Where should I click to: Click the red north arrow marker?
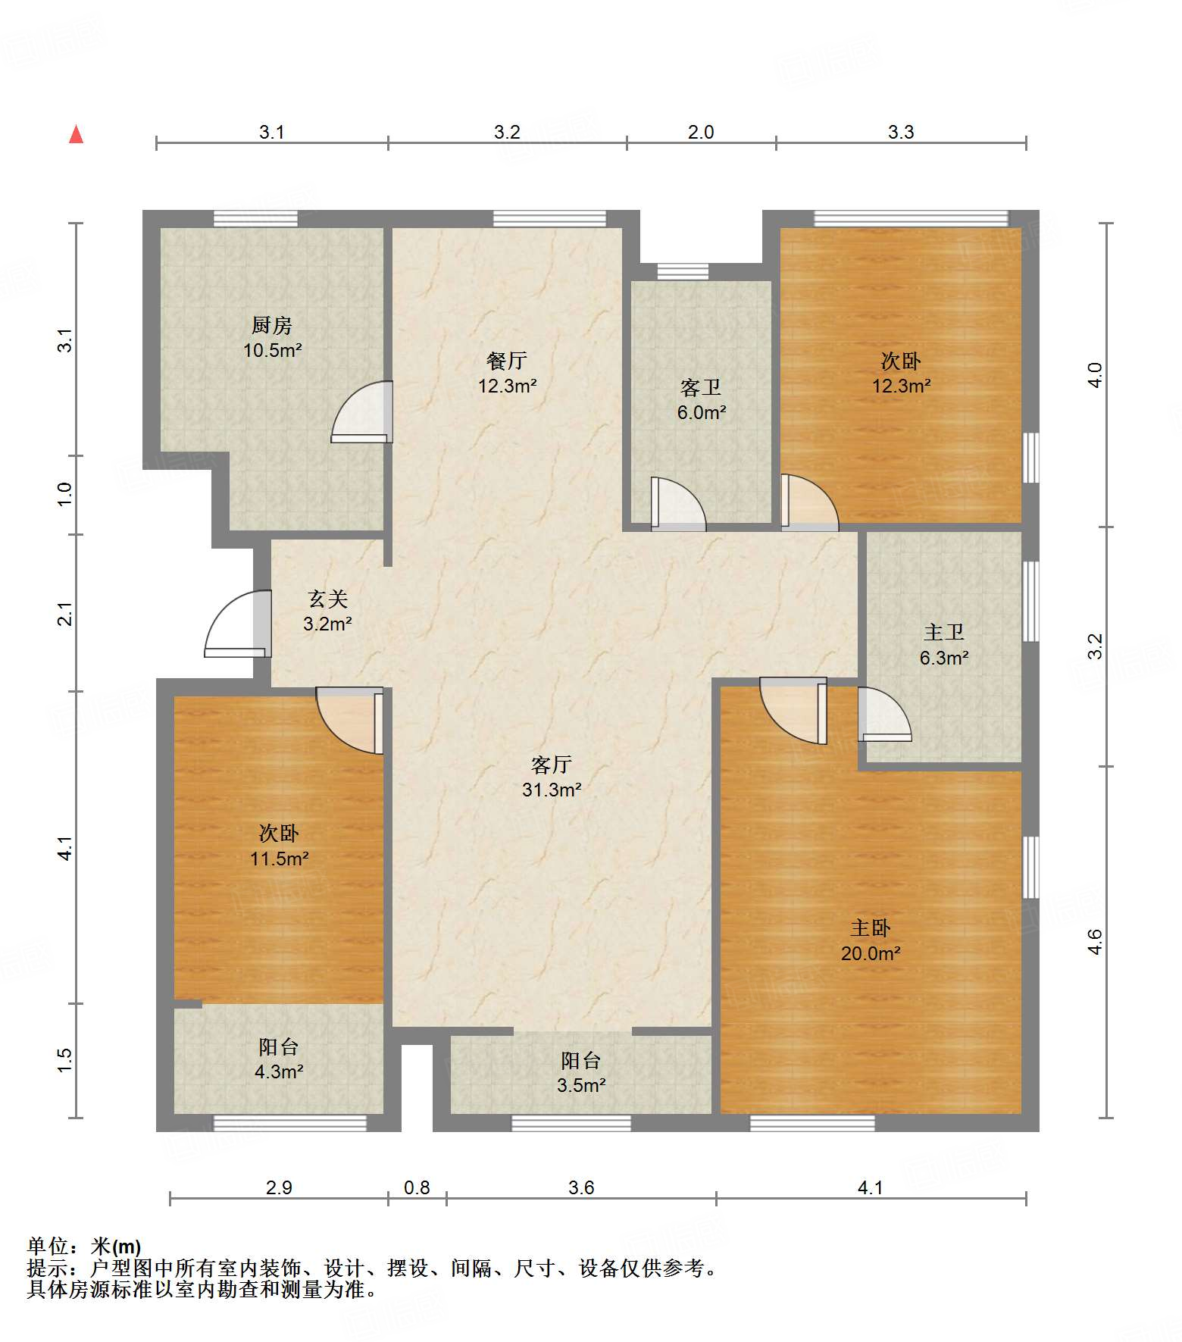click(76, 134)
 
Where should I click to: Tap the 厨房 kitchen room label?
click(272, 325)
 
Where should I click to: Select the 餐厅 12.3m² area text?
click(507, 386)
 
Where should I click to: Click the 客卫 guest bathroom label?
click(701, 388)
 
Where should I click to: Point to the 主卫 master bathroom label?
click(944, 632)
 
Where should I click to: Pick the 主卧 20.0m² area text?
click(871, 953)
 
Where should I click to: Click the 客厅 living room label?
click(552, 765)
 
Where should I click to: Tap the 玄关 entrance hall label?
click(327, 599)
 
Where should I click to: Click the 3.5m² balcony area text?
click(581, 1085)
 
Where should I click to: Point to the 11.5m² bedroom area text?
click(280, 859)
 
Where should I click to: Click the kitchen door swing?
click(362, 411)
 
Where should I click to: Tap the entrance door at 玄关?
click(238, 624)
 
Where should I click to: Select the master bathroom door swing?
click(884, 714)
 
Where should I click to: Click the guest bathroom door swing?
click(678, 503)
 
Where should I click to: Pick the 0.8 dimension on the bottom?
click(417, 1187)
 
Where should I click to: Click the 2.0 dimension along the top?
click(701, 132)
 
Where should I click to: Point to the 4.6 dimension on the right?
click(1095, 942)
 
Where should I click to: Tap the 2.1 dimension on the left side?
click(66, 614)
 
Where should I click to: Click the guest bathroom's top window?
click(683, 271)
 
